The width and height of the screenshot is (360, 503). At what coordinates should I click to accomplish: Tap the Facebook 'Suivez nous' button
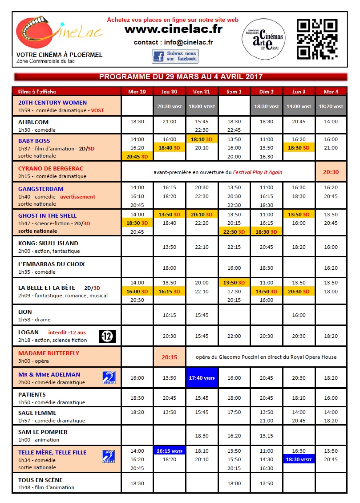175,57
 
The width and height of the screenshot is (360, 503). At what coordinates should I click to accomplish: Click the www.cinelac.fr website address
173,29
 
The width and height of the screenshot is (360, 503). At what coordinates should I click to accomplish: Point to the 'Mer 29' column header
137,91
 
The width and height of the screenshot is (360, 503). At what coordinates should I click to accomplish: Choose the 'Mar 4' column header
331,91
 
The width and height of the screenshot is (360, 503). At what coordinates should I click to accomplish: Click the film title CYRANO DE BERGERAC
51,168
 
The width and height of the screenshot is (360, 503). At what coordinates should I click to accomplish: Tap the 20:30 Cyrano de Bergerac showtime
331,172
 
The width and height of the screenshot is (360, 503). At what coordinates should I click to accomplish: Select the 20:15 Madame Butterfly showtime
170,357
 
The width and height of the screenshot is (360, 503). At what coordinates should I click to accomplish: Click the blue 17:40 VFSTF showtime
202,377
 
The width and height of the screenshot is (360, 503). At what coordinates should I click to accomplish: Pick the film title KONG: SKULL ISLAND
48,243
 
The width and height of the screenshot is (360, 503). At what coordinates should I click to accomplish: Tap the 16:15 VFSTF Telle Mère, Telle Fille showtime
170,450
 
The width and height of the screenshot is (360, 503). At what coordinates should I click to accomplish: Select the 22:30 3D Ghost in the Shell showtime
234,231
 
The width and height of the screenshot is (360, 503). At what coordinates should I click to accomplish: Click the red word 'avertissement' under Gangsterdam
78,197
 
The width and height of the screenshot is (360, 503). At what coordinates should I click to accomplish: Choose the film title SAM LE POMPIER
43,432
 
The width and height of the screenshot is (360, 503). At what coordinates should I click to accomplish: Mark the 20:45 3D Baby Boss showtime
137,156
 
